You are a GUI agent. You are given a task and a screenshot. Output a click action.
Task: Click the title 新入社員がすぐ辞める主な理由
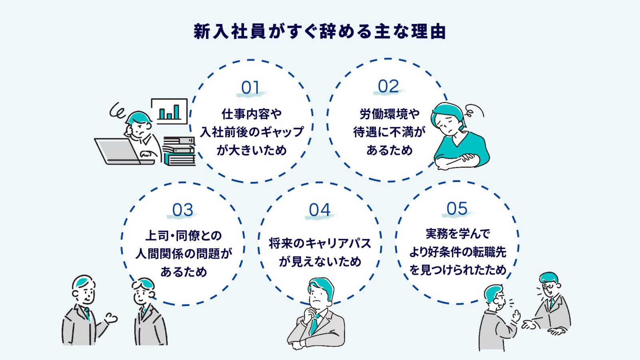point(320,32)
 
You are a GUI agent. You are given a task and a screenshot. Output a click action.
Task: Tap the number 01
point(250,88)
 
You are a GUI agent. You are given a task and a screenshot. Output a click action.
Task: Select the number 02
point(388,86)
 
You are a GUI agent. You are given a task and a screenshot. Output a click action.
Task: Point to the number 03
point(183,210)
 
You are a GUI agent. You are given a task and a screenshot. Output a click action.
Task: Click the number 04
point(320,210)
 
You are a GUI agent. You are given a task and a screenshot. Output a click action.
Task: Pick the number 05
point(457,209)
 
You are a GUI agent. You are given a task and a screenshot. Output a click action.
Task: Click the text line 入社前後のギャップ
point(252,132)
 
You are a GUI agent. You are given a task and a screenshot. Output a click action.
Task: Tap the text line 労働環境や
point(389,114)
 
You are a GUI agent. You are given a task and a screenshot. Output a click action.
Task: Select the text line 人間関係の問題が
point(184,254)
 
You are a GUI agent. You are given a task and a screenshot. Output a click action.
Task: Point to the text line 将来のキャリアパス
point(320,243)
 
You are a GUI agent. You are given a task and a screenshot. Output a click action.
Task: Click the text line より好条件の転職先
point(458,252)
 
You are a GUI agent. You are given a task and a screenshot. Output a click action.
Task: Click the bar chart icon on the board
point(169,111)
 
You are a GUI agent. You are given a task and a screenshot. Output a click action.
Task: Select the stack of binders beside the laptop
point(179,151)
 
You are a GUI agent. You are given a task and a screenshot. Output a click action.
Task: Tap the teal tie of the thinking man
point(315,324)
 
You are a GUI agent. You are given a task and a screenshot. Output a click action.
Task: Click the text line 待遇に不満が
point(389,132)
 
